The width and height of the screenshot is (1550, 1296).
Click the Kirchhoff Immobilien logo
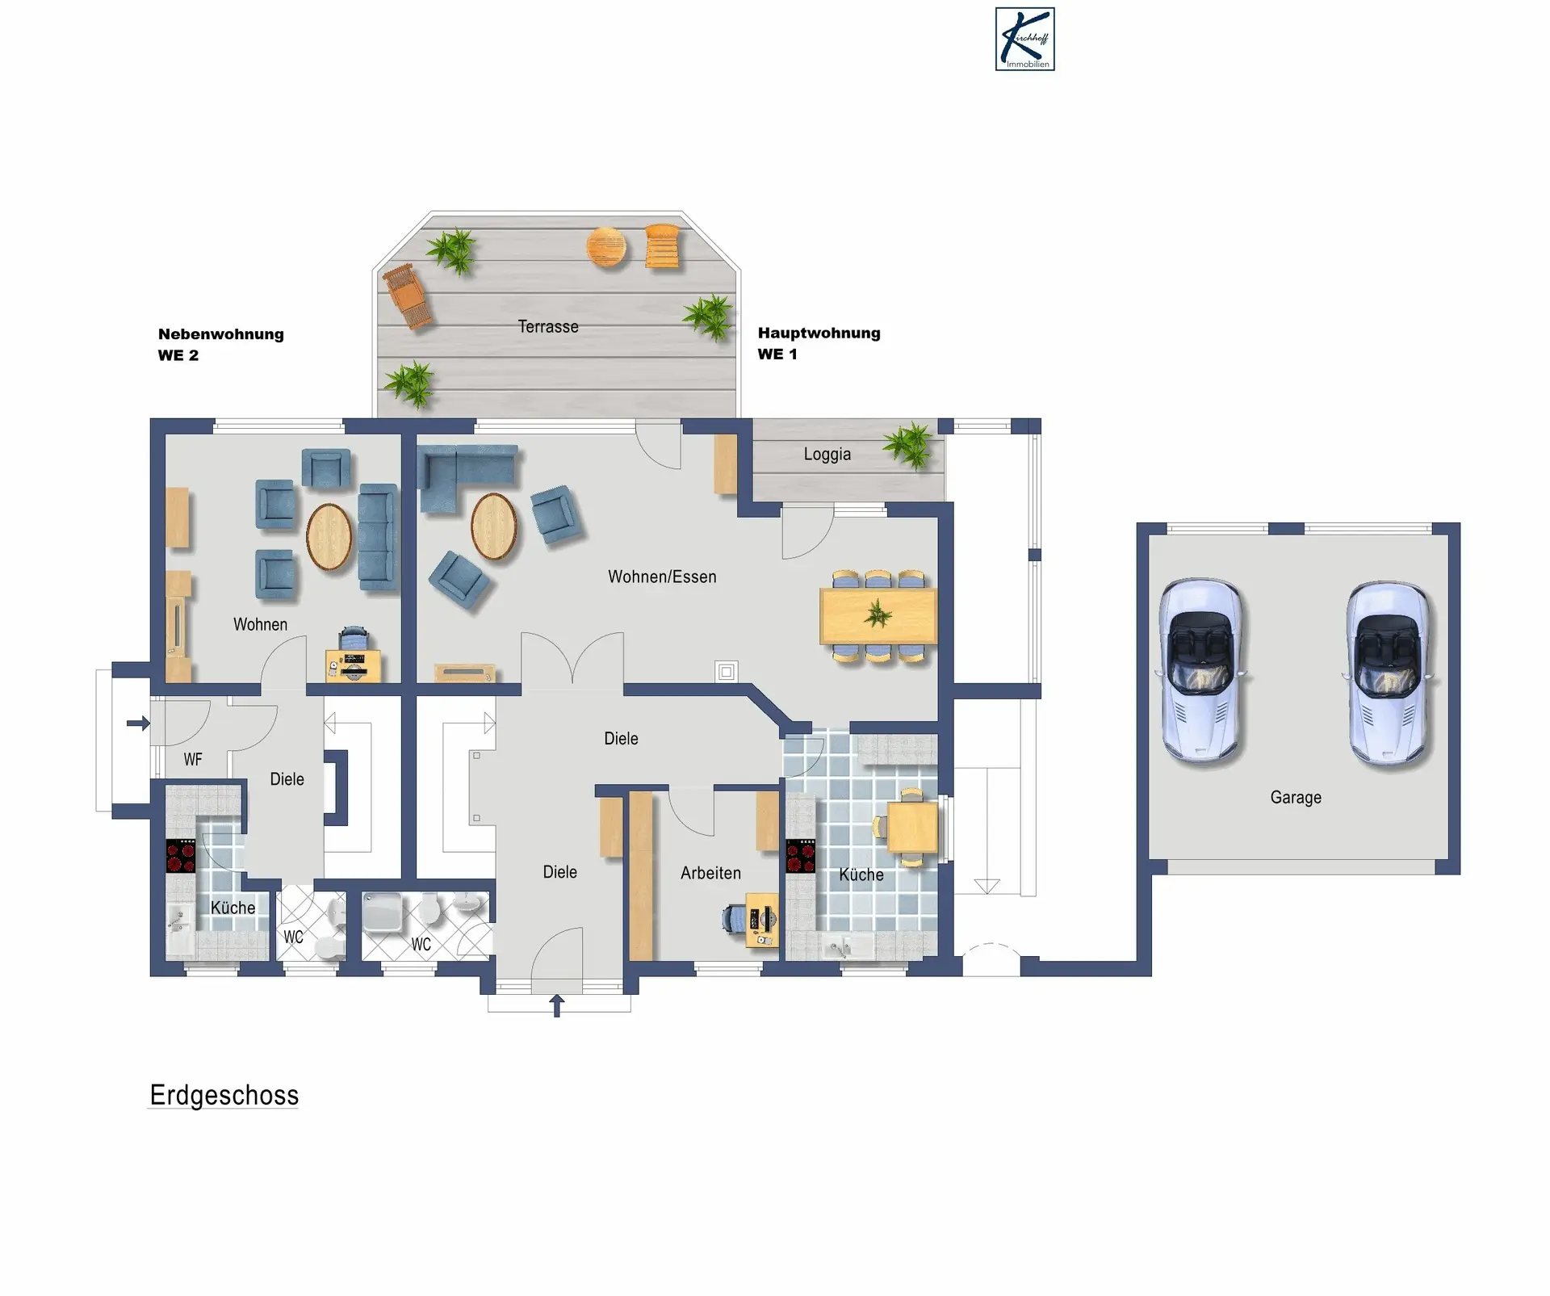(x=1024, y=40)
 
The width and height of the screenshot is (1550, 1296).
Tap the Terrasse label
(x=548, y=326)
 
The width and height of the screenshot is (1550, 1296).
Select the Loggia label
(x=827, y=454)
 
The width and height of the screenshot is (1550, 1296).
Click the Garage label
(x=1296, y=798)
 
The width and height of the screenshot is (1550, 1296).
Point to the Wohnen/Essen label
(x=662, y=577)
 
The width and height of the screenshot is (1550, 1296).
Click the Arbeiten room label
(x=710, y=873)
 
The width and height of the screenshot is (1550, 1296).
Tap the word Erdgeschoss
(x=224, y=1095)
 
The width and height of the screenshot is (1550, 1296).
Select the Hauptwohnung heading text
(x=819, y=333)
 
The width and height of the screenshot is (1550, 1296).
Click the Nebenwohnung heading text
(x=220, y=334)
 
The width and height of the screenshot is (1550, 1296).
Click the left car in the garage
(x=1202, y=670)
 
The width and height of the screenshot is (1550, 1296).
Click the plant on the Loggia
(x=911, y=444)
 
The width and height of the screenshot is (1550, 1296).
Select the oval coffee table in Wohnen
(x=329, y=536)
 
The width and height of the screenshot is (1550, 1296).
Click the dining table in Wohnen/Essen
(x=878, y=616)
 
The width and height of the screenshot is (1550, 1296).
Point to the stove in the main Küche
(x=801, y=857)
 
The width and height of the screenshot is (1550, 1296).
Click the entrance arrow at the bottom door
(x=557, y=1005)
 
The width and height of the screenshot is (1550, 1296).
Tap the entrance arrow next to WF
(x=138, y=723)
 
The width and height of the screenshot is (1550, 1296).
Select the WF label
(x=193, y=759)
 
